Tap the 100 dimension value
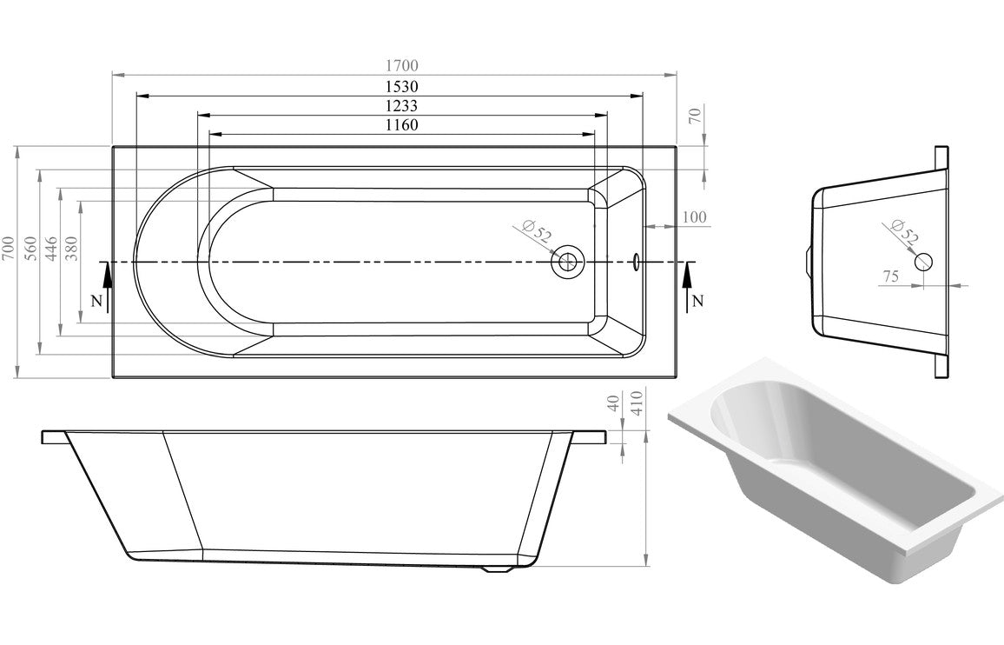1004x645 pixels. [x=694, y=217]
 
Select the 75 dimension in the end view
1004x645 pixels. [x=890, y=276]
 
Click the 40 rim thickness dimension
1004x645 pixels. [x=615, y=405]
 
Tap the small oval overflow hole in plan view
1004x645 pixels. [x=637, y=261]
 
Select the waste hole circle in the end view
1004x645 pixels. [x=922, y=260]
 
